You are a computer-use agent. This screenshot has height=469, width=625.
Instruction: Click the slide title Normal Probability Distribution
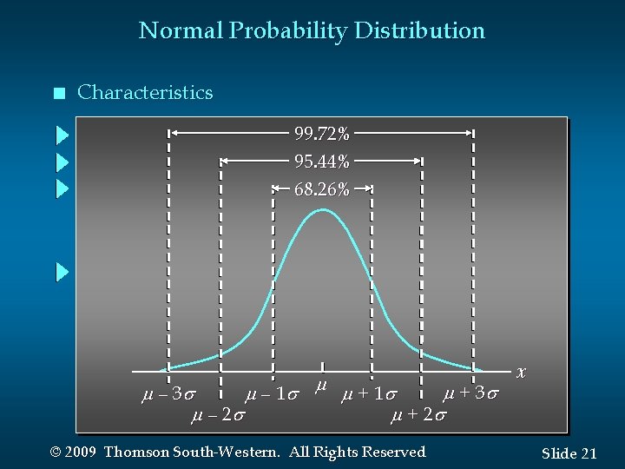pos(312,31)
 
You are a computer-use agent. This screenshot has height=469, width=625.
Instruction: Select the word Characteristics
pos(145,93)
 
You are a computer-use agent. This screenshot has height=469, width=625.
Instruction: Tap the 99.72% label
pos(322,134)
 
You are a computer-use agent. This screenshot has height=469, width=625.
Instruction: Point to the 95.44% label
pos(322,162)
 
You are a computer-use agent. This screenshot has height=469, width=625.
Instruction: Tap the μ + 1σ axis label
pos(370,395)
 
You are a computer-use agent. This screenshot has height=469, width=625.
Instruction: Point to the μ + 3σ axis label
pos(470,393)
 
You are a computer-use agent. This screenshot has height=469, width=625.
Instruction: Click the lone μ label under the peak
pos(321,384)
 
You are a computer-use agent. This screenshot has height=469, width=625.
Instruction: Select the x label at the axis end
pos(521,372)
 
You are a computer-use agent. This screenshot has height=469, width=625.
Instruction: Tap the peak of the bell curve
pos(321,209)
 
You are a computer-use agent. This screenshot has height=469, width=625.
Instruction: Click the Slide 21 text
pos(569,453)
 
